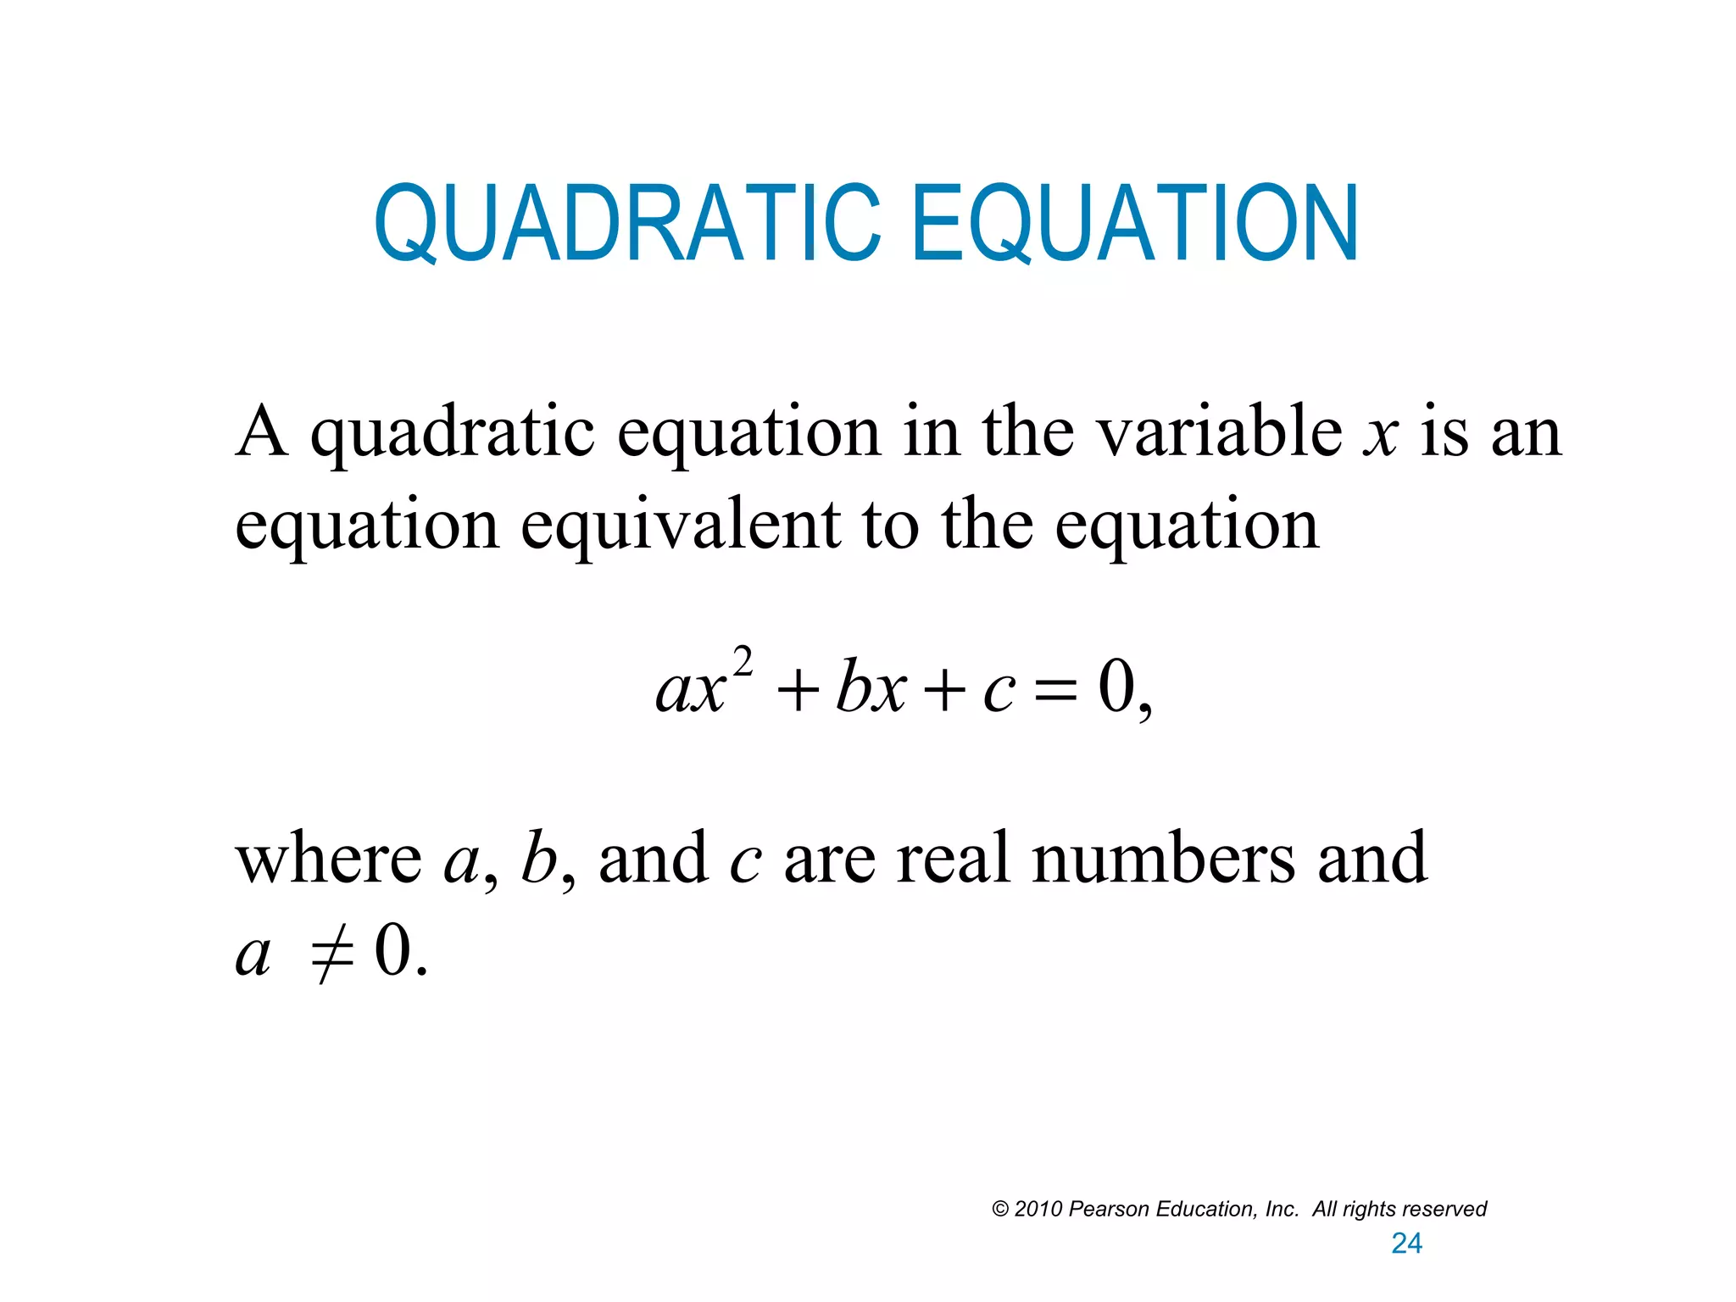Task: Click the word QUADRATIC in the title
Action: (x=628, y=224)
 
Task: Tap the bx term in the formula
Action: (x=871, y=687)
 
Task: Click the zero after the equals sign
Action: (x=1116, y=687)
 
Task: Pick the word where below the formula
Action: (x=328, y=859)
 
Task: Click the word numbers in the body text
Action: (x=1163, y=859)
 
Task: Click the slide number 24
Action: (x=1406, y=1244)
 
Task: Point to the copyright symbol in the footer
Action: (x=1000, y=1210)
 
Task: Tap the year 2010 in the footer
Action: (x=1038, y=1210)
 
